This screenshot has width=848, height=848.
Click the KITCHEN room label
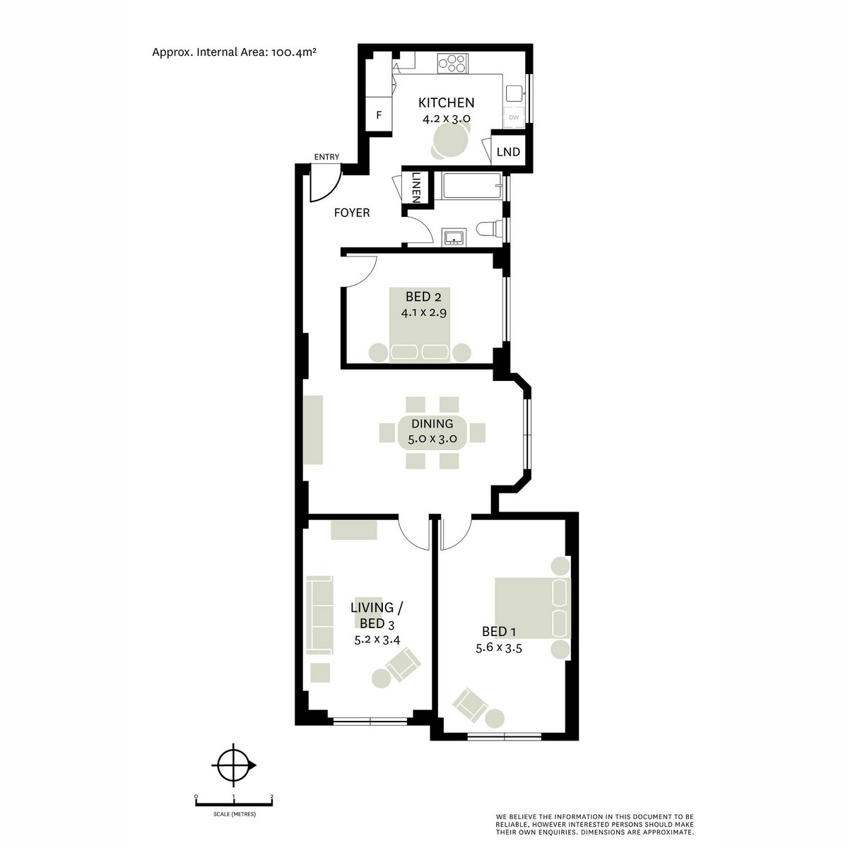pos(446,102)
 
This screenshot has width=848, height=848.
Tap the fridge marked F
pos(379,114)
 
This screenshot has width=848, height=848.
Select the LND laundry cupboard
pos(508,152)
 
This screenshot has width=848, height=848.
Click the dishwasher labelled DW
pos(514,117)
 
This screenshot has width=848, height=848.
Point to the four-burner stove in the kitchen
pos(450,64)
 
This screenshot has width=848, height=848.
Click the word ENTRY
pos(327,157)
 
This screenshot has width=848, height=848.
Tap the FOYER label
pos(352,212)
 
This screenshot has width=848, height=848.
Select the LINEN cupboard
pos(416,187)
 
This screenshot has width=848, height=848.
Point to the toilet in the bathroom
pos(491,228)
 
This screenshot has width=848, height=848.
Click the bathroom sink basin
pos(452,237)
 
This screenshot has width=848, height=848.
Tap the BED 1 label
pos(494,631)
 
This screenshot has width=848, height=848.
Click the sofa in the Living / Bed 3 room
pos(319,615)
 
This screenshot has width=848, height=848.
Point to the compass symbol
pos(233,765)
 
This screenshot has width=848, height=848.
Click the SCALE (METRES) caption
pos(234,815)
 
